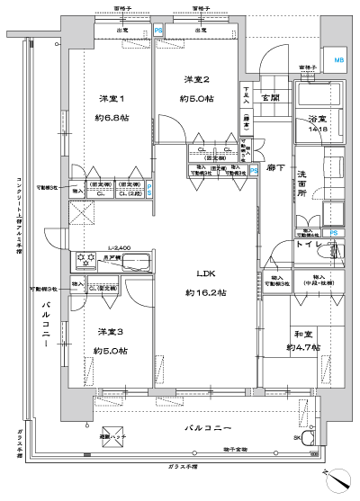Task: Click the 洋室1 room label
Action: [110, 98]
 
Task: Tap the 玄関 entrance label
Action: [271, 96]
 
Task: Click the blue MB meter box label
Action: [338, 60]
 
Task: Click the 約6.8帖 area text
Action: [110, 117]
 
